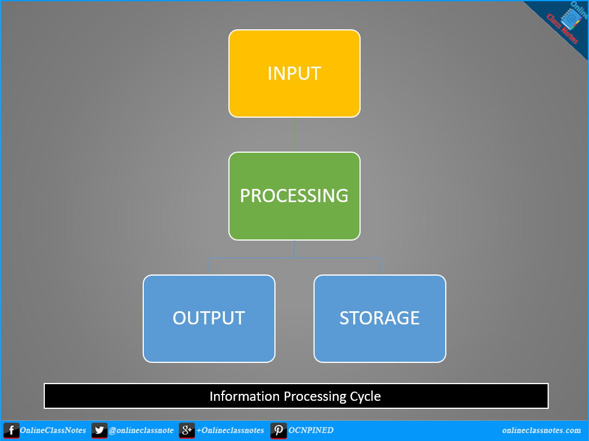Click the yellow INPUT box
[x=294, y=73]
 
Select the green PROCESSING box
[x=294, y=196]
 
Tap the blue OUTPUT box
[x=209, y=318]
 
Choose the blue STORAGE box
[x=380, y=318]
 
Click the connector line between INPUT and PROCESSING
[x=295, y=134]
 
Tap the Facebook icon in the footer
[x=10, y=431]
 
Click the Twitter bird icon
[x=99, y=431]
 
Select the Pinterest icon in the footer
[x=279, y=431]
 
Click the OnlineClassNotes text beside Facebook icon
[x=53, y=431]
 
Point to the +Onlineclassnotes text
[x=230, y=431]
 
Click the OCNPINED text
[x=311, y=431]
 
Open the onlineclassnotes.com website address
[x=541, y=431]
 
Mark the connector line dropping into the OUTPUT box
[x=209, y=266]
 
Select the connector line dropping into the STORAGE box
[x=380, y=266]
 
